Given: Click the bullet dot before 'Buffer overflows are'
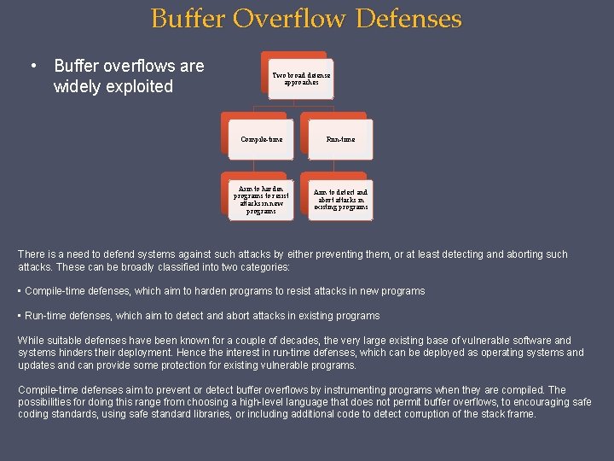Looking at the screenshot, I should click(x=32, y=67).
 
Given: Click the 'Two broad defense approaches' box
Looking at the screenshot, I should click(x=301, y=79).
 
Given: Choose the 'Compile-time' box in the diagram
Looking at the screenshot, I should click(x=261, y=139).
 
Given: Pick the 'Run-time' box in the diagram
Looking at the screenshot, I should click(x=340, y=139).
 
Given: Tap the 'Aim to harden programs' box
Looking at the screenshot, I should click(x=261, y=200).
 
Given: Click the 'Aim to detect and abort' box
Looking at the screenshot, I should click(x=340, y=200).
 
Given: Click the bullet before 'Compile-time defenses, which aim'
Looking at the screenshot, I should click(x=20, y=291).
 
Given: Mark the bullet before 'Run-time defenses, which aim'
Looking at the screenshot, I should click(x=20, y=316).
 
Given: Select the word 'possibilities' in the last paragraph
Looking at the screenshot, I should click(x=46, y=402).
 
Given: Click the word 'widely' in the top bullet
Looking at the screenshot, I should click(x=76, y=86).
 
